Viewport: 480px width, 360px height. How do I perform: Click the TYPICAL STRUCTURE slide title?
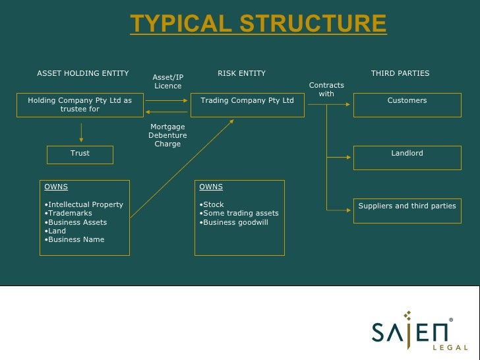258,24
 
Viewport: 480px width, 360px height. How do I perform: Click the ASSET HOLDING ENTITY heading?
83,73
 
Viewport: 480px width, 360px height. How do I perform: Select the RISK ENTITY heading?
242,73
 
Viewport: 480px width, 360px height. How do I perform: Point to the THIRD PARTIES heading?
400,73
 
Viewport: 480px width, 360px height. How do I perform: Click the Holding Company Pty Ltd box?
80,105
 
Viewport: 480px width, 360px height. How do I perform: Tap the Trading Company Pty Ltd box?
247,105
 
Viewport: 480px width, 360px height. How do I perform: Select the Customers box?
407,105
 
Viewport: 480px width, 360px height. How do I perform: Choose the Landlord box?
407,158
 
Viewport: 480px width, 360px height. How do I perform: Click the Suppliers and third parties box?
407,210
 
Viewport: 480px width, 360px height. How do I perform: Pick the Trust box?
80,154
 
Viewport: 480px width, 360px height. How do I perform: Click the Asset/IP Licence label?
168,82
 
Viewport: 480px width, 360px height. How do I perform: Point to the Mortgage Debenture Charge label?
167,135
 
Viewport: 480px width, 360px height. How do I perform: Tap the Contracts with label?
326,90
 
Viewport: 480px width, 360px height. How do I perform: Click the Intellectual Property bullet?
85,204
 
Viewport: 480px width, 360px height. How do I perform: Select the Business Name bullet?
76,239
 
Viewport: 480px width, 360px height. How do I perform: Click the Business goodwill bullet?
235,222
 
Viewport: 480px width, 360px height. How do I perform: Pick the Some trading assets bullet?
241,213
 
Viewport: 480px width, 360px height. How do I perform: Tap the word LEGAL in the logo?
451,347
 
